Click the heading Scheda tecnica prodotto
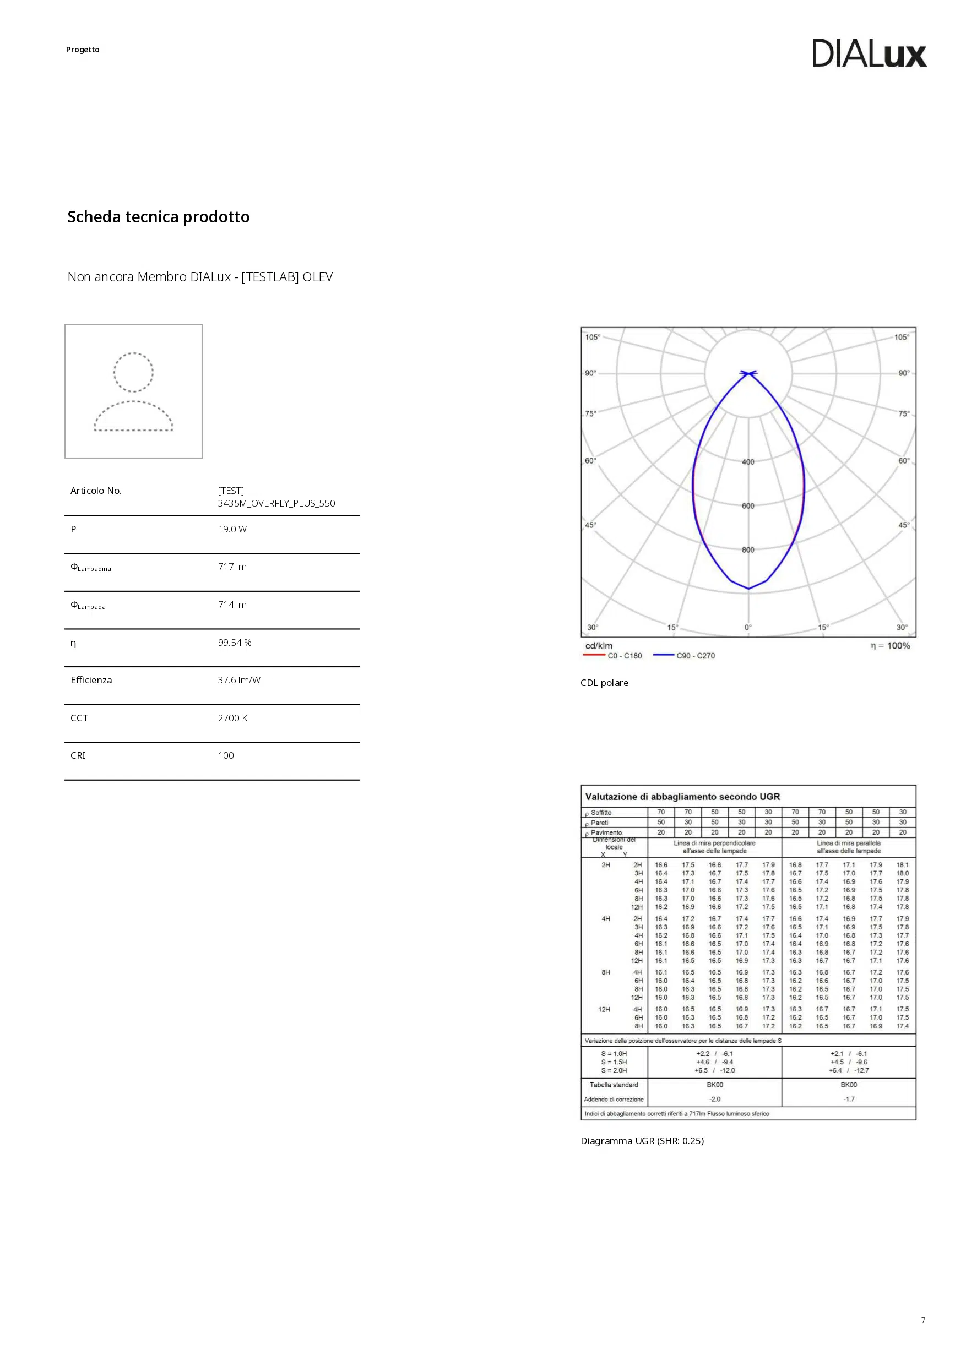coord(158,217)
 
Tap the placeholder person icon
coord(133,391)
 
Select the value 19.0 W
coord(232,529)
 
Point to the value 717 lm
coord(232,567)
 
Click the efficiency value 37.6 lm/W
coord(238,680)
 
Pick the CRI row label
coord(78,755)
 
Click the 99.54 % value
coord(235,643)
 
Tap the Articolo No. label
coord(96,491)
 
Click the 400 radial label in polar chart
coord(748,462)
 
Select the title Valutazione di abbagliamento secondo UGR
coord(682,797)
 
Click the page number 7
coord(923,1320)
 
